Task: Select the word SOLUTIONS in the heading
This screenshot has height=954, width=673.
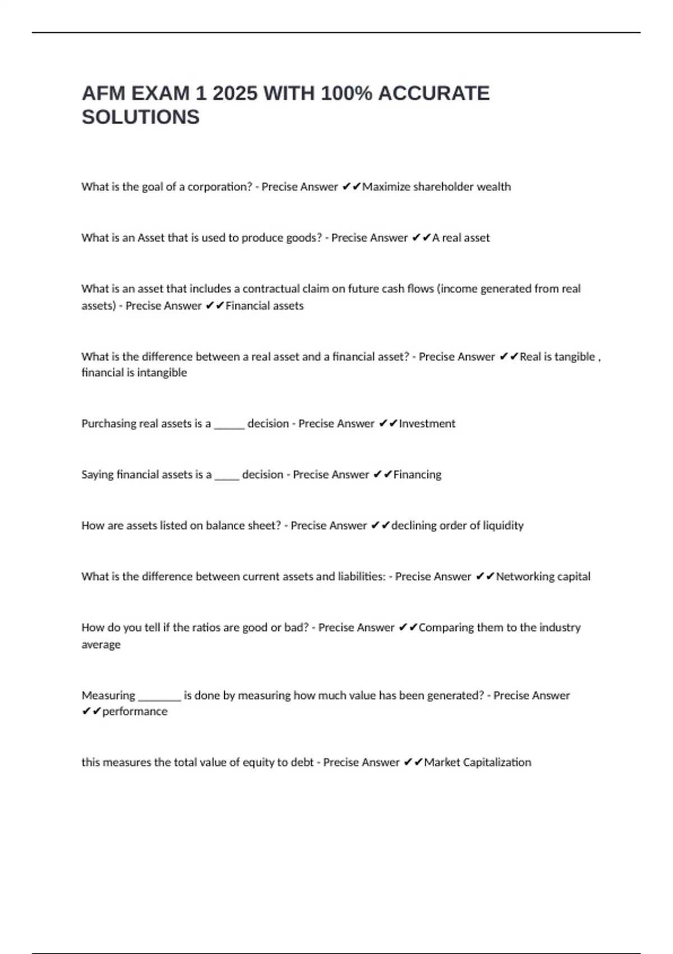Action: [x=140, y=117]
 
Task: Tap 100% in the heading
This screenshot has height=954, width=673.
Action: [x=346, y=93]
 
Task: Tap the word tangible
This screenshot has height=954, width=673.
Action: [x=574, y=357]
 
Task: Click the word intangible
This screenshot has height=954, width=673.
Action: [x=162, y=373]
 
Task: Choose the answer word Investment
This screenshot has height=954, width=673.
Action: [x=427, y=424]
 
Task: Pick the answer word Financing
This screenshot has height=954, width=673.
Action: [x=417, y=475]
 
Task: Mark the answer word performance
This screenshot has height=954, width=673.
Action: [x=135, y=712]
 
